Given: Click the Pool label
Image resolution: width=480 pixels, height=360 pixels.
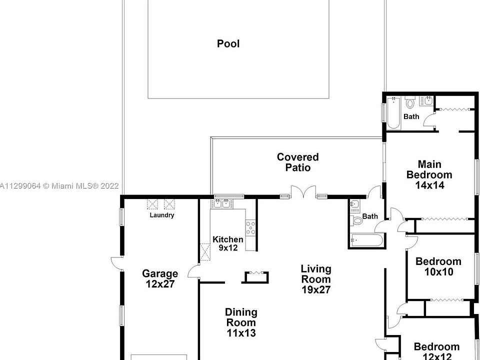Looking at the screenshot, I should pos(228,43).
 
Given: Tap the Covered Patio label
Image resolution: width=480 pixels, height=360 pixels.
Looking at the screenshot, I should pos(297,162).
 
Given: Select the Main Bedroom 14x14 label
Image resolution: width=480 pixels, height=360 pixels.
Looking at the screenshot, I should pos(429,174).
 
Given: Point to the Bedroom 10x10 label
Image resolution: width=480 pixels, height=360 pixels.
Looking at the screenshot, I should pos(438,266).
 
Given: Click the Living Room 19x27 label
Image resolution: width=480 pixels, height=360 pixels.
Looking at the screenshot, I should pos(315,279).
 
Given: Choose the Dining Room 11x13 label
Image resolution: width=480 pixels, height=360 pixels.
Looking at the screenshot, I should pos(241,322).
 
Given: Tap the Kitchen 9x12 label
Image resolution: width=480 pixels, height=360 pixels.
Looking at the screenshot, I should pos(228,243).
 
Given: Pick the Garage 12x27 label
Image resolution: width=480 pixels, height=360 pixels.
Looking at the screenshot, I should pos(160,278).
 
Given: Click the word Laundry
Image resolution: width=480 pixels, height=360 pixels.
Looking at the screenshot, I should pos(162,215).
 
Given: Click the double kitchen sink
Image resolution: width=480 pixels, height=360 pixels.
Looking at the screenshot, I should pos(220,203).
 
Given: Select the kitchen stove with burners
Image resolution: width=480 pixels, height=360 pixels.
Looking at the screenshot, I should pos(250,227).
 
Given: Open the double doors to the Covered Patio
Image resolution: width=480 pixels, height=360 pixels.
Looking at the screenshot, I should pos(303,192).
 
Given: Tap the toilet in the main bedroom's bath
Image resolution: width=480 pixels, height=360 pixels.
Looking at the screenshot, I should pos(410,103).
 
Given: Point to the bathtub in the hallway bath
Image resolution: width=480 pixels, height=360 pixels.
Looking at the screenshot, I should pos(366,240).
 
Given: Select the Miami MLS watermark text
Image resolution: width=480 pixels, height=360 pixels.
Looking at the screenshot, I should pos(59,186).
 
